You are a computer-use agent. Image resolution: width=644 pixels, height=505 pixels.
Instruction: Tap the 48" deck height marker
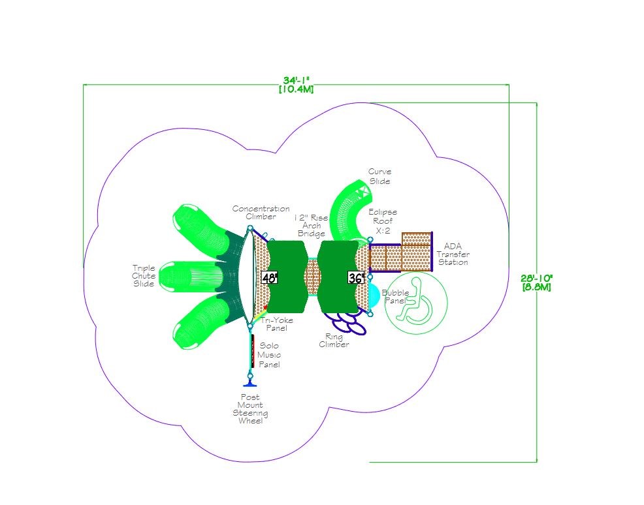coord(270,278)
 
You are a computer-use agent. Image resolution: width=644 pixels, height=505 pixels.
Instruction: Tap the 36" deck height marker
coord(356,278)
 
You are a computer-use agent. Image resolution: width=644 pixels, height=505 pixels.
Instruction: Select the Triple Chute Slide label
coord(143,276)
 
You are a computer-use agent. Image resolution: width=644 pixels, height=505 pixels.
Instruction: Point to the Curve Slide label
coord(379,176)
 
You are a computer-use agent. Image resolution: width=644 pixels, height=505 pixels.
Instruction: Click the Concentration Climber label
coord(261,213)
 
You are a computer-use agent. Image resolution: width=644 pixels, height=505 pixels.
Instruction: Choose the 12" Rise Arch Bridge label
coord(312,225)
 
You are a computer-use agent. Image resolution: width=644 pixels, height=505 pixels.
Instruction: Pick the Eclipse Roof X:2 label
coord(383,221)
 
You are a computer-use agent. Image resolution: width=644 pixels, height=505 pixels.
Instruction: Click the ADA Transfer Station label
coord(453,254)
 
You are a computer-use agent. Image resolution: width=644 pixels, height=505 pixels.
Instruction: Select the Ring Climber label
coord(334,341)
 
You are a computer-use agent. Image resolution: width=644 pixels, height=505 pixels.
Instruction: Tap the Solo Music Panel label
coord(269,355)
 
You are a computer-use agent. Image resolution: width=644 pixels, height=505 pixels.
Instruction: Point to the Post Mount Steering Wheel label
coord(250,408)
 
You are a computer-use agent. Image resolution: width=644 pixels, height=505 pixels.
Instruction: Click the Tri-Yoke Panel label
coord(276,324)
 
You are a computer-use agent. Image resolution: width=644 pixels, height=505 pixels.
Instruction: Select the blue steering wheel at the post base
coord(250,384)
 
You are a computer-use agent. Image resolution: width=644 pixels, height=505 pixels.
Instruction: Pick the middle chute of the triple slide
coord(190,277)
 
